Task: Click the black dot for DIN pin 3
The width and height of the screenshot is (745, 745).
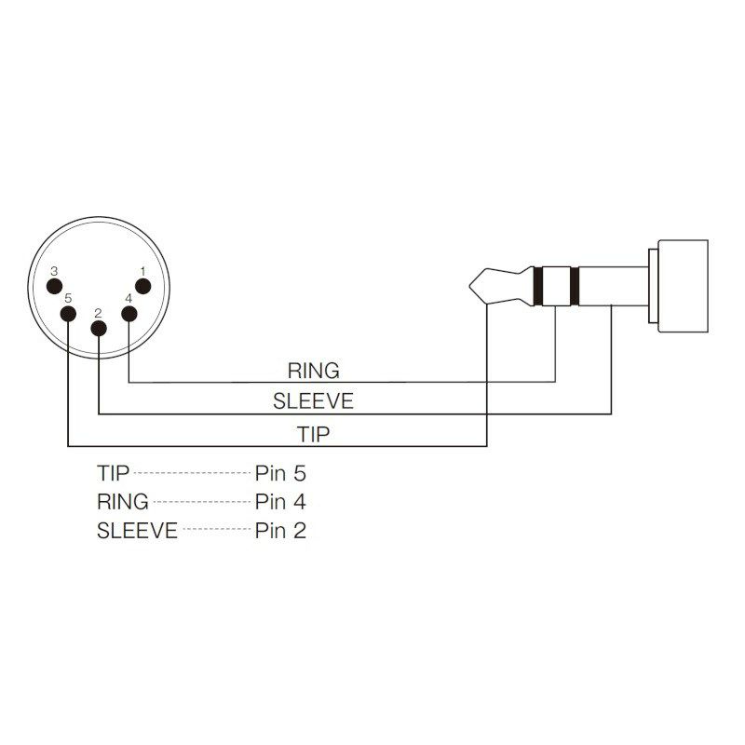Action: [x=55, y=287]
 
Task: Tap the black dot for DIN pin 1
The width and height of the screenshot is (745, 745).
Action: [x=143, y=287]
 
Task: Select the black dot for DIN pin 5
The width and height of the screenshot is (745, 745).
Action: [x=68, y=315]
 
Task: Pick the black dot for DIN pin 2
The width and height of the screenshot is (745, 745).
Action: [x=99, y=329]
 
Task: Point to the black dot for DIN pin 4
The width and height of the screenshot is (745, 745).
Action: [x=129, y=314]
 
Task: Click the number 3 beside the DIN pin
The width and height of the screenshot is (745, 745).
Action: [x=54, y=271]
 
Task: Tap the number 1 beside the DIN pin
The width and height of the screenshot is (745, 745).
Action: [x=142, y=271]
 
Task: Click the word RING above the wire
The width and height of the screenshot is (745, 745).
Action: [x=314, y=371]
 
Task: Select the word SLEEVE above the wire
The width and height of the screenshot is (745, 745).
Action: [x=313, y=401]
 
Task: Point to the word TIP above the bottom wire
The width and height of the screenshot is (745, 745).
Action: [x=313, y=434]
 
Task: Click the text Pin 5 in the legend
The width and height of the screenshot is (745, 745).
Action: [x=280, y=473]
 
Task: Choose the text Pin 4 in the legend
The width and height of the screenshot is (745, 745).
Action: [x=280, y=502]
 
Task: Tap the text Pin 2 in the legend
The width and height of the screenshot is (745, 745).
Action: [x=280, y=531]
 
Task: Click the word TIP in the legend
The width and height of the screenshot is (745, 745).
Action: [x=113, y=473]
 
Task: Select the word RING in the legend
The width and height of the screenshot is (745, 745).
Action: [x=123, y=502]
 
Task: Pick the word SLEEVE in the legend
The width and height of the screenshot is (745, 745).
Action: [x=137, y=531]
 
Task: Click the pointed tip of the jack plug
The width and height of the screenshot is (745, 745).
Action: [x=469, y=286]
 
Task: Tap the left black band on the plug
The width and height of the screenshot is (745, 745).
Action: [x=538, y=286]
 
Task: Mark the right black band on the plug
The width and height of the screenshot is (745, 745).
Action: [x=575, y=286]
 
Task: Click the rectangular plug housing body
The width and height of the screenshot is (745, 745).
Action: [x=683, y=286]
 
